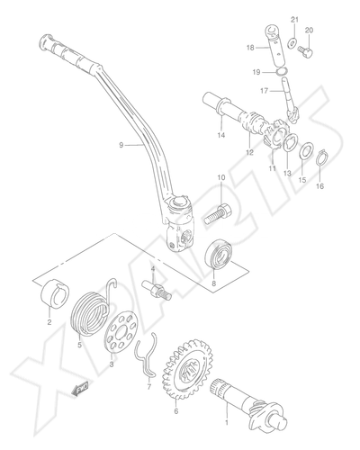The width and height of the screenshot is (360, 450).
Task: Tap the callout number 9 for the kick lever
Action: pyautogui.click(x=121, y=145)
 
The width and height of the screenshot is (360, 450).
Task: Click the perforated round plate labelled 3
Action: pyautogui.click(x=121, y=330)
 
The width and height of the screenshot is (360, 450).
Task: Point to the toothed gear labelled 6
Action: pyautogui.click(x=188, y=369)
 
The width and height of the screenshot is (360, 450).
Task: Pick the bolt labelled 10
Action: pyautogui.click(x=218, y=214)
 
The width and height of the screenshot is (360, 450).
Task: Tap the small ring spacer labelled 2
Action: pyautogui.click(x=55, y=293)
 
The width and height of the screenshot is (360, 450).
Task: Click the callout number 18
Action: pyautogui.click(x=250, y=48)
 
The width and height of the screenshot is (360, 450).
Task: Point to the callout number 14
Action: pyautogui.click(x=221, y=135)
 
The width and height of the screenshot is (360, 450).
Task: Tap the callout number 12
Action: pyautogui.click(x=249, y=152)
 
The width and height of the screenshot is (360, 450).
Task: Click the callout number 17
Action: pyautogui.click(x=264, y=90)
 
